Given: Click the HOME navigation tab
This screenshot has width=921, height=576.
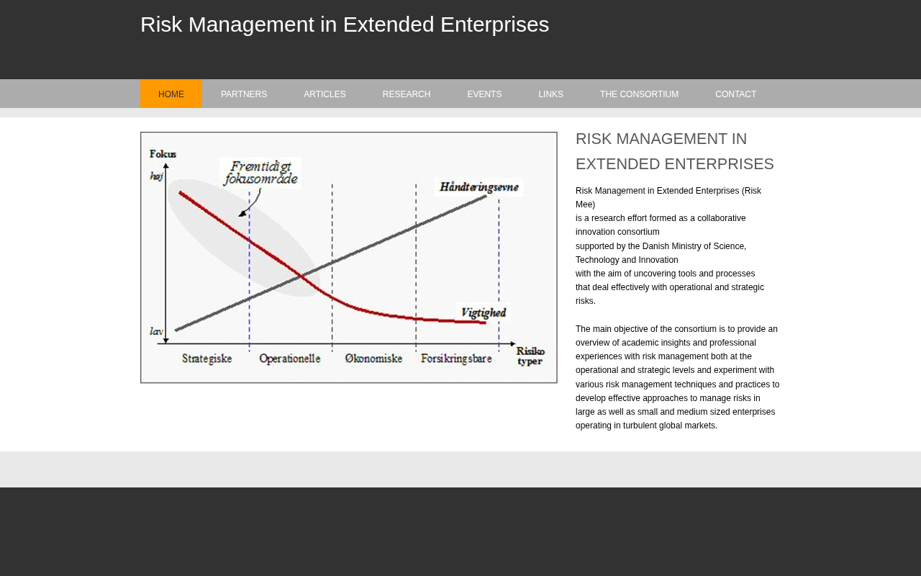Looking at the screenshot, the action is (x=171, y=94).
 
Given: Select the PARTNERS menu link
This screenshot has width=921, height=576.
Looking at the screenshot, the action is (x=244, y=94).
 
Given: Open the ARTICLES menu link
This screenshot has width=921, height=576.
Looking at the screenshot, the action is (x=325, y=94).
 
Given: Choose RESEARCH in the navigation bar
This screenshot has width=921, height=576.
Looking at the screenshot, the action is (x=407, y=94).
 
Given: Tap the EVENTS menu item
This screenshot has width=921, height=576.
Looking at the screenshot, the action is (x=484, y=94).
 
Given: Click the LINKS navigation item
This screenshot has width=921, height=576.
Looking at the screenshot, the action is (x=551, y=94).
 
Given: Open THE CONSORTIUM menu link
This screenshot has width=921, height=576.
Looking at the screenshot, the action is (x=640, y=94).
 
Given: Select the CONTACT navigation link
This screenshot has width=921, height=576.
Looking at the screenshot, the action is (x=735, y=94).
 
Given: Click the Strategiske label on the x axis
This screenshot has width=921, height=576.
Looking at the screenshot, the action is (x=207, y=359).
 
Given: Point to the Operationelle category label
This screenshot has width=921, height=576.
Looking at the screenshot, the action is (x=290, y=359).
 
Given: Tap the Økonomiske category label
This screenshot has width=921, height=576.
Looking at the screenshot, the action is (x=373, y=359).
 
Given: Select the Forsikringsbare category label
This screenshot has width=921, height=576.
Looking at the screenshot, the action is (x=456, y=359).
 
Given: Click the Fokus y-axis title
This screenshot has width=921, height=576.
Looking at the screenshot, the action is (x=163, y=154).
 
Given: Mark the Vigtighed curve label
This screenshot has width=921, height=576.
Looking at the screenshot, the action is (x=484, y=312).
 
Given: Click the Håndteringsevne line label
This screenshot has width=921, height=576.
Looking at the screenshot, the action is (x=479, y=186).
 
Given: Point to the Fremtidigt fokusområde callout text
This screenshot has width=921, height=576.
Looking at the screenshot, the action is (x=260, y=173).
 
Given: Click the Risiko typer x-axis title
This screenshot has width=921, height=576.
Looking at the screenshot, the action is (x=530, y=356).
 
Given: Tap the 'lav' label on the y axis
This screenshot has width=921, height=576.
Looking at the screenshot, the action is (x=156, y=331).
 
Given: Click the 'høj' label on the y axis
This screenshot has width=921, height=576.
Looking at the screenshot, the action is (x=156, y=176).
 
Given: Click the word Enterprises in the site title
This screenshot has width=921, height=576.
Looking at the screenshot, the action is (x=494, y=24).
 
